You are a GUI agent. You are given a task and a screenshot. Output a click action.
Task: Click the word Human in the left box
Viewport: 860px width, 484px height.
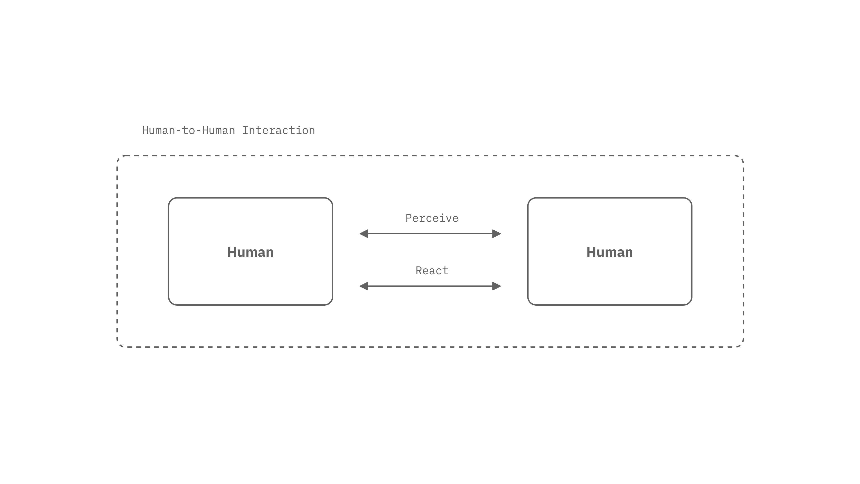pos(250,252)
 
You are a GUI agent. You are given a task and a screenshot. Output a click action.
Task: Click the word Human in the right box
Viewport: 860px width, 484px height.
pos(610,252)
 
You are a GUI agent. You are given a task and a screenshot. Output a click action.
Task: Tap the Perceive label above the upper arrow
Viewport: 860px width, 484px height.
pos(432,218)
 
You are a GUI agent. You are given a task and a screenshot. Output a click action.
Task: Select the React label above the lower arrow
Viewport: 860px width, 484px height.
pos(432,270)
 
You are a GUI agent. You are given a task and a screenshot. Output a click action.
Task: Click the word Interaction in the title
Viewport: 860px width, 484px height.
pos(278,130)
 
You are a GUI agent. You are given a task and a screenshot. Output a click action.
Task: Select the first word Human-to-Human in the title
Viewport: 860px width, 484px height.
pos(189,130)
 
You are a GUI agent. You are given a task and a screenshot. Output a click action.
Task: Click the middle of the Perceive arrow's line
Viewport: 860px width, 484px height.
pos(430,234)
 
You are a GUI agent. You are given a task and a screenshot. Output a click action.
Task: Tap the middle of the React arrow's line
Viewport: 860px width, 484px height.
pos(430,286)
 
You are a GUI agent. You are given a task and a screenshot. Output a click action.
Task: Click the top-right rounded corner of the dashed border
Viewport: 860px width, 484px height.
pos(741,158)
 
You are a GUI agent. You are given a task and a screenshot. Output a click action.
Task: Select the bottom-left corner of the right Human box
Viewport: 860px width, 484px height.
pos(530,303)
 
